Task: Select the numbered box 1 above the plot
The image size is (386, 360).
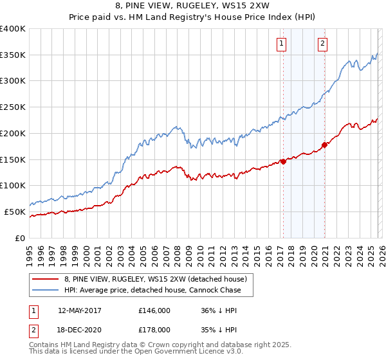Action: [x=282, y=44]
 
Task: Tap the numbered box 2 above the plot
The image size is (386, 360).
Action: [x=322, y=44]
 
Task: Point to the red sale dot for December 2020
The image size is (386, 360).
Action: [x=324, y=145]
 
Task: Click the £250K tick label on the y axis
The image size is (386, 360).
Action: [x=13, y=107]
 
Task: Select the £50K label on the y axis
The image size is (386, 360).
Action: [x=15, y=212]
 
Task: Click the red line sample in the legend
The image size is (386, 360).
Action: [x=46, y=279]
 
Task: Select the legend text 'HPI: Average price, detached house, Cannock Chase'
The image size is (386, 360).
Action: [x=152, y=290]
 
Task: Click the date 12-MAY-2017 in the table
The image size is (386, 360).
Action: [x=79, y=310]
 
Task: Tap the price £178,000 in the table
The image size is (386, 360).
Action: [x=154, y=329]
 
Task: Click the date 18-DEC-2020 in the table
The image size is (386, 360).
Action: [x=79, y=329]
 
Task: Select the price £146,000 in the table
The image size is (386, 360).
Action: [x=154, y=310]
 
